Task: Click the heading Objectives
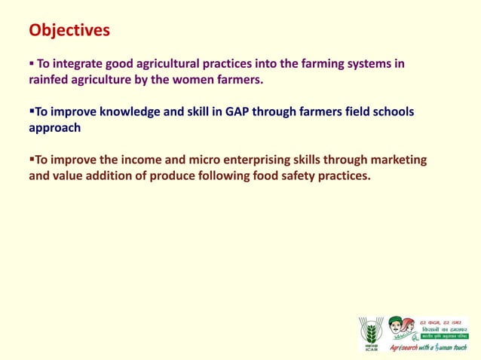69,30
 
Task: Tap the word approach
54,128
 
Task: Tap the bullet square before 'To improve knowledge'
31,111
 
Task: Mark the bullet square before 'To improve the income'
31,160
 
